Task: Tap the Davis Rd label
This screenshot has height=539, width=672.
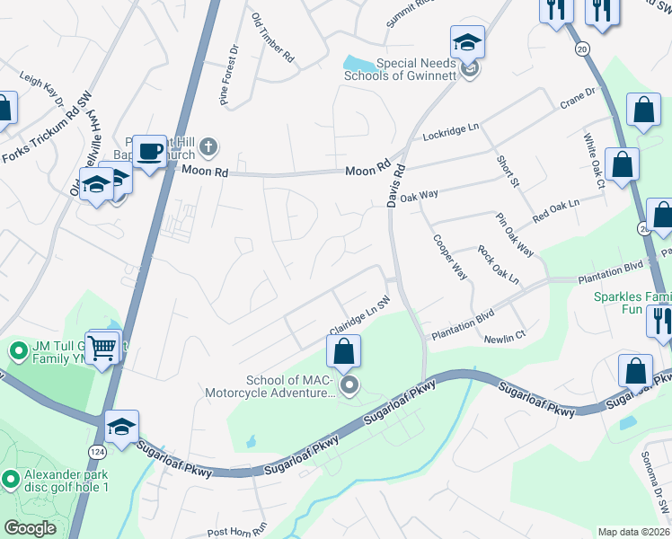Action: tap(396, 185)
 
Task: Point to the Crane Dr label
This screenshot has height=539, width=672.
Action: tap(578, 95)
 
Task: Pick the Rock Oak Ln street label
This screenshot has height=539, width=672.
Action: tap(499, 265)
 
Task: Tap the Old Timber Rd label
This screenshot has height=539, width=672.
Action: tap(273, 38)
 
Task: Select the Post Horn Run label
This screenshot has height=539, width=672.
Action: tap(237, 532)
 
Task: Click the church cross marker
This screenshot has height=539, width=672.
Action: tap(208, 146)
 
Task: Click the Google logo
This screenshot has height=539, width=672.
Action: tap(31, 528)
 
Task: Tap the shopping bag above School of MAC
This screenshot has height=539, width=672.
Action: tap(343, 351)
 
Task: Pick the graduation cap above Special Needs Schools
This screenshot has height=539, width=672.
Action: tap(467, 41)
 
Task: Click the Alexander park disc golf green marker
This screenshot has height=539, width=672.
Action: tap(11, 480)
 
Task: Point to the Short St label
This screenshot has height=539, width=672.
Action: tap(508, 171)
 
